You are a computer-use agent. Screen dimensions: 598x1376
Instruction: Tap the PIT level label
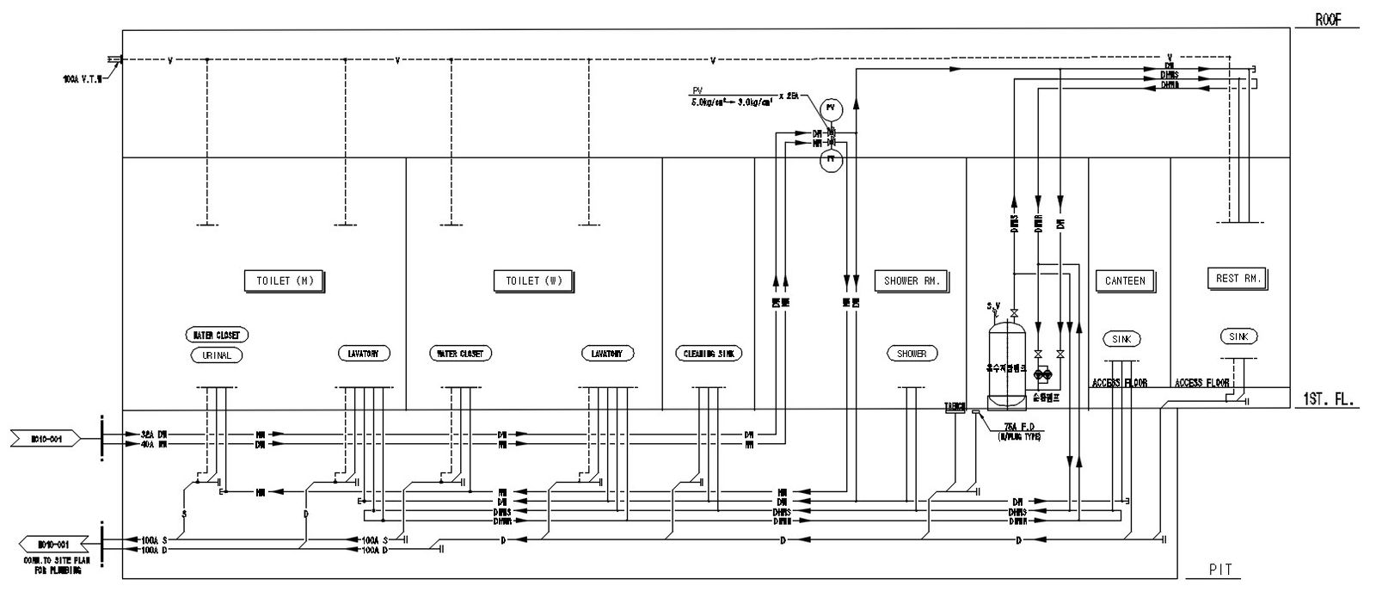(1220, 570)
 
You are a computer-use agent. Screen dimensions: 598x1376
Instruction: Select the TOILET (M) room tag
(285, 281)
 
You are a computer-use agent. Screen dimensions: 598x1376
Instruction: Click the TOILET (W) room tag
(534, 281)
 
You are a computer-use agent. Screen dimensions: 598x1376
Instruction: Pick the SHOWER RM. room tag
(912, 281)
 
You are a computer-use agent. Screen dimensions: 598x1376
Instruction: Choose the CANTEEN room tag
(1125, 281)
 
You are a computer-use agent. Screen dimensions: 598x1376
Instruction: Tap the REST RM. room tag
(1238, 279)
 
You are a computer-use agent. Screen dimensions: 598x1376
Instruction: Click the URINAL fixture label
(217, 355)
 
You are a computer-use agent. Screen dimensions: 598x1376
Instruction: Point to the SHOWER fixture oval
(912, 354)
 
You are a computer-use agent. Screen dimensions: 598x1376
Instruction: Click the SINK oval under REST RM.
(1238, 336)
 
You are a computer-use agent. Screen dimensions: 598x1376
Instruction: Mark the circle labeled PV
(830, 108)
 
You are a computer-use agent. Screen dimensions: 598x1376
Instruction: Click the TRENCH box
(955, 407)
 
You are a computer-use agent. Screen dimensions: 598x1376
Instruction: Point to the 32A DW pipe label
(154, 435)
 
